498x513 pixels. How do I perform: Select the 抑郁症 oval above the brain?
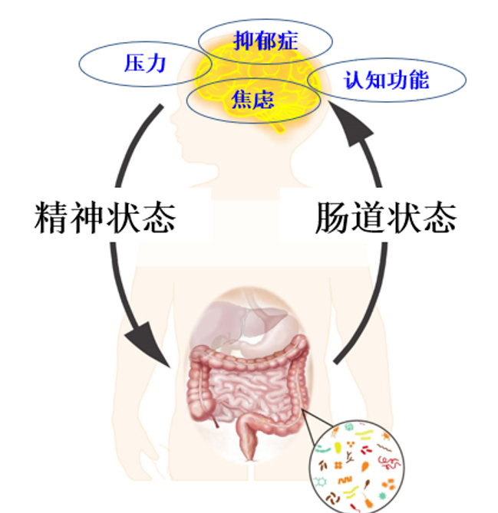265,38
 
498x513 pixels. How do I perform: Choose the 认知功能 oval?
386,79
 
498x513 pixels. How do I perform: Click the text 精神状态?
105,219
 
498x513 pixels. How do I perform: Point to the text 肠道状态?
386,219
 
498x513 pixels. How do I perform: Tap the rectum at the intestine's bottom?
249,445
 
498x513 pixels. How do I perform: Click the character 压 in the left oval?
134,64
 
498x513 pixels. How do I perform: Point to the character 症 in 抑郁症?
286,38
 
